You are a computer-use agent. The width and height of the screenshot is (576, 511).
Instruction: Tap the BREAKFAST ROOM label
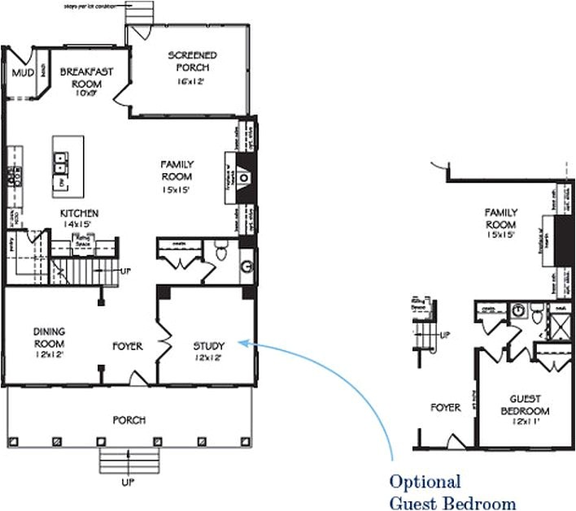click(x=85, y=76)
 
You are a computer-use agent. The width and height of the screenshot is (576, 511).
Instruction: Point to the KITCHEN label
click(x=79, y=214)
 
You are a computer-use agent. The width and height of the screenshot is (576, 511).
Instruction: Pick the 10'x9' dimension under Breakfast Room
click(x=85, y=92)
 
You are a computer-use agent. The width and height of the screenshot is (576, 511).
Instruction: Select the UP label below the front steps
click(x=128, y=483)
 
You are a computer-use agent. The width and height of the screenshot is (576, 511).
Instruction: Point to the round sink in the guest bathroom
click(x=517, y=308)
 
